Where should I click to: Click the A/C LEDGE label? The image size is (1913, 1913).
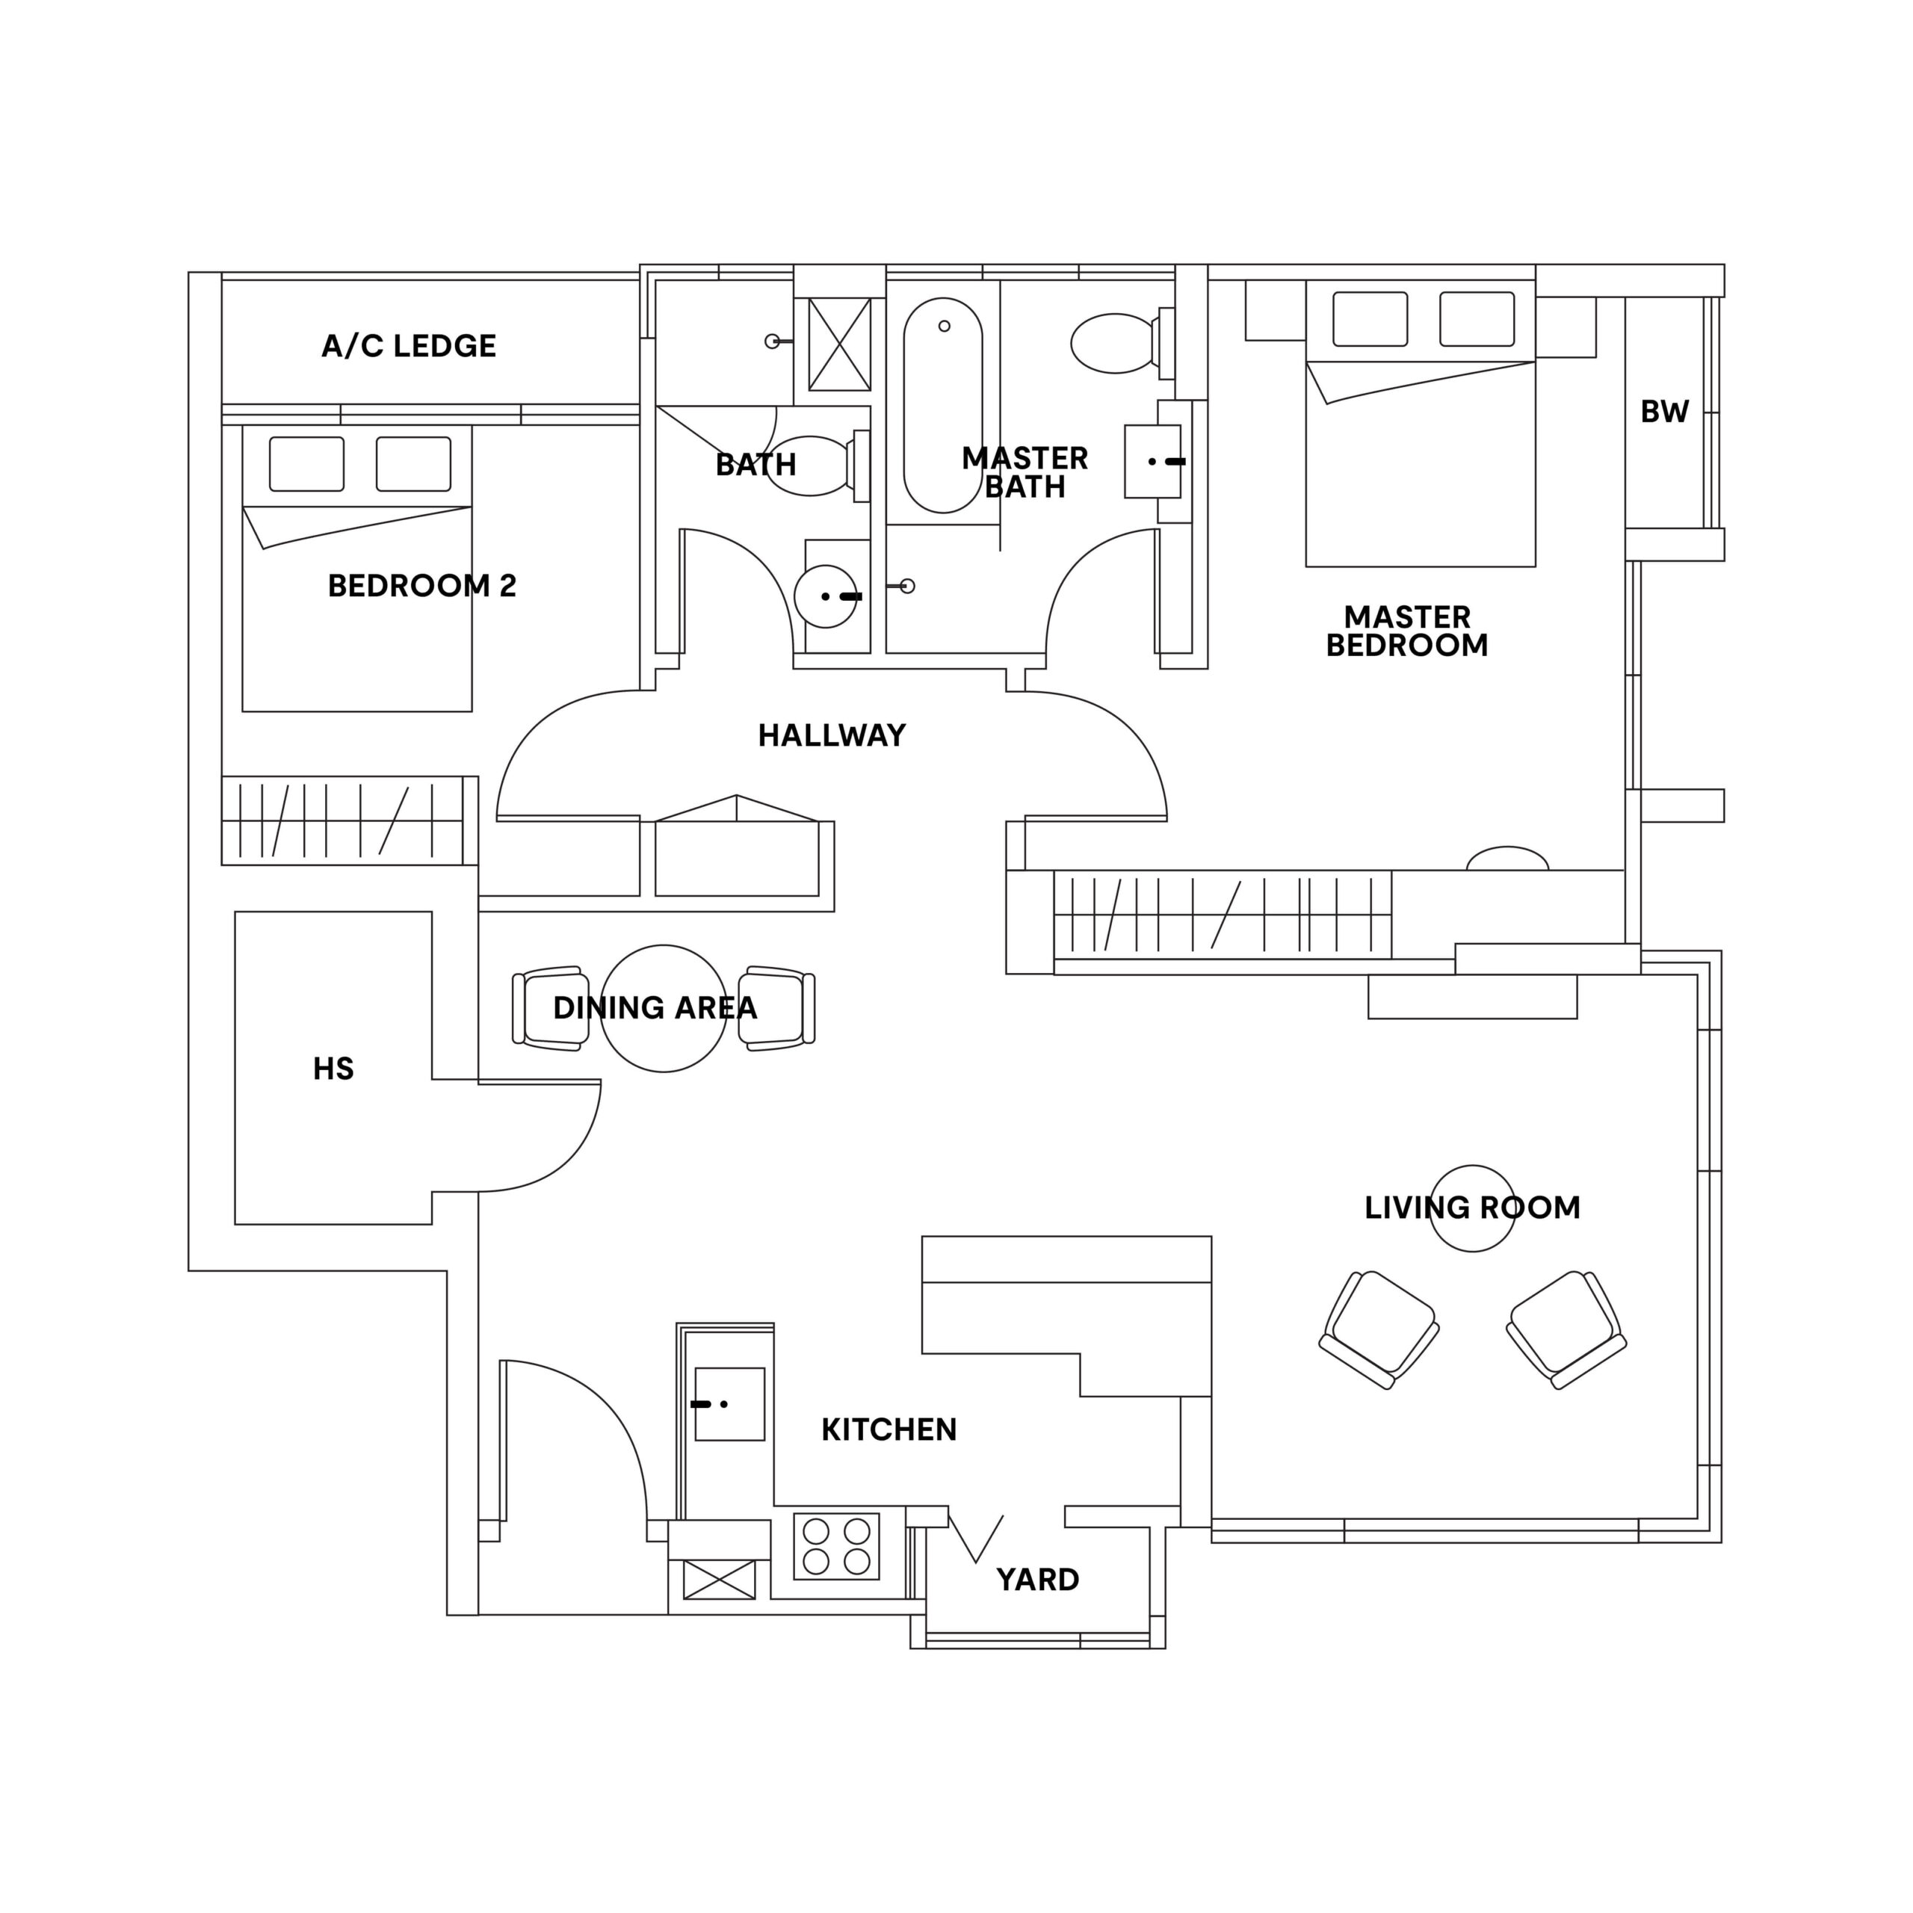(x=408, y=345)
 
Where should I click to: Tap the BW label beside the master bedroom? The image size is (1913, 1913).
(x=1663, y=412)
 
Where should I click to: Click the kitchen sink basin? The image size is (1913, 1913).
(x=730, y=1404)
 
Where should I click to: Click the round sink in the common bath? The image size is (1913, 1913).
(x=825, y=596)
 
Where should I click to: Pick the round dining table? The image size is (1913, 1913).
(x=664, y=1008)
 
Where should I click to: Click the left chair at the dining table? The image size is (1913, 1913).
(x=551, y=1008)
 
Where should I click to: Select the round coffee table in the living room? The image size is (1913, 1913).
(x=1471, y=1208)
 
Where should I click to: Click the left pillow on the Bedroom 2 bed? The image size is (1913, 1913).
(x=307, y=463)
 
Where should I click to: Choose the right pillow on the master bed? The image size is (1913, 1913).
(x=1477, y=319)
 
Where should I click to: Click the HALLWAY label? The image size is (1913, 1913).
(x=831, y=735)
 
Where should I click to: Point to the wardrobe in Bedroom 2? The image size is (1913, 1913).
(x=342, y=820)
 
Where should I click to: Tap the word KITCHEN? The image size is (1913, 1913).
(x=888, y=1430)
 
